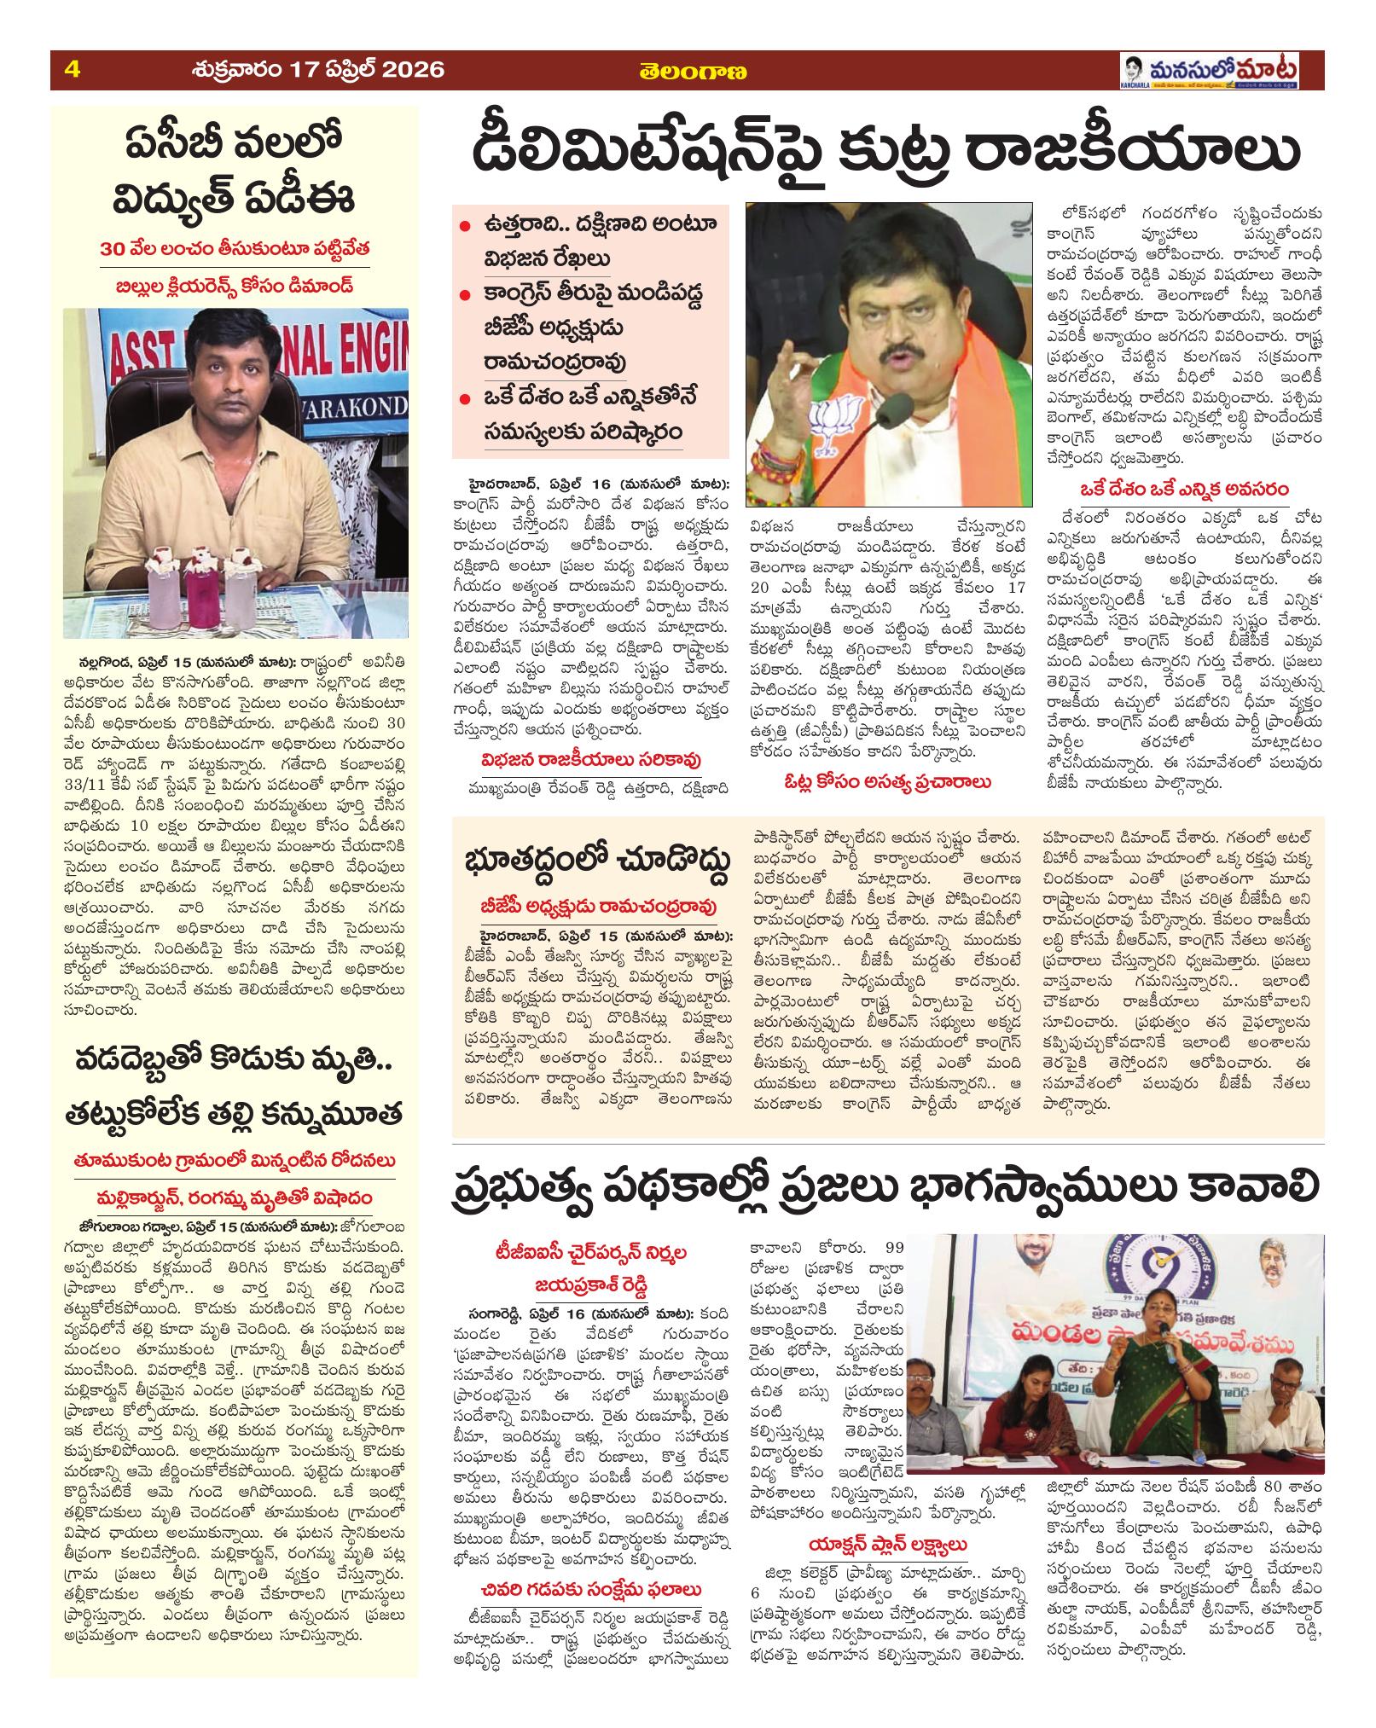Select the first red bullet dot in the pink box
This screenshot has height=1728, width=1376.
[x=464, y=228]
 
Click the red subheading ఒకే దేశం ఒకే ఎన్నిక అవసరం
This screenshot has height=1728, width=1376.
[x=1184, y=490]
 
